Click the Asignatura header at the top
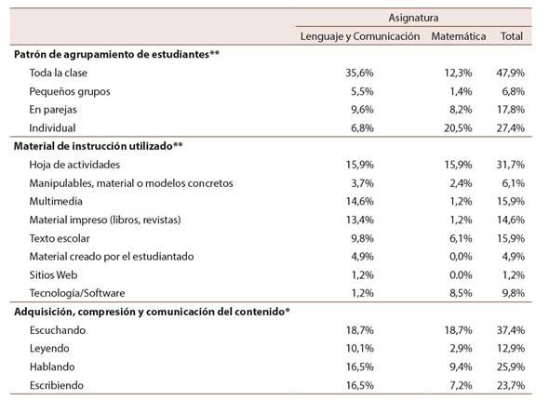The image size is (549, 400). [413, 18]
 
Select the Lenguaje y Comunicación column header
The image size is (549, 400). [360, 36]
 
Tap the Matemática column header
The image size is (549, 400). [459, 36]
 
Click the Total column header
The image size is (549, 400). [512, 36]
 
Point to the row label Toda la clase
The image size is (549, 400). [58, 73]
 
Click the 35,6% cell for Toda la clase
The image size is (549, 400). [359, 73]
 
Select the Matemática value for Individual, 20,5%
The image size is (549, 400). [458, 128]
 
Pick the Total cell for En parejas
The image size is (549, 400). [511, 110]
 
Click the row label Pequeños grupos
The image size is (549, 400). [70, 92]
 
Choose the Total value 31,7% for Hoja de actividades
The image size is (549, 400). [511, 165]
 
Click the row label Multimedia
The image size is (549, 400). [56, 201]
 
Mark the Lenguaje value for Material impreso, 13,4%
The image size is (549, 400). [359, 220]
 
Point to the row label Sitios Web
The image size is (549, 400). [53, 274]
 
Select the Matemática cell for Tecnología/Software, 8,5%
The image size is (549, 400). [461, 293]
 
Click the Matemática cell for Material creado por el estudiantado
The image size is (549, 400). [461, 257]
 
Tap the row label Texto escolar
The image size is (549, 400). [60, 238]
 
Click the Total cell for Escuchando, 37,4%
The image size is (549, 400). [511, 330]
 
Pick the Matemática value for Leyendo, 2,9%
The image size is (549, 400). [461, 348]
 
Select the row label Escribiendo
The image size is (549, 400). [57, 385]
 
